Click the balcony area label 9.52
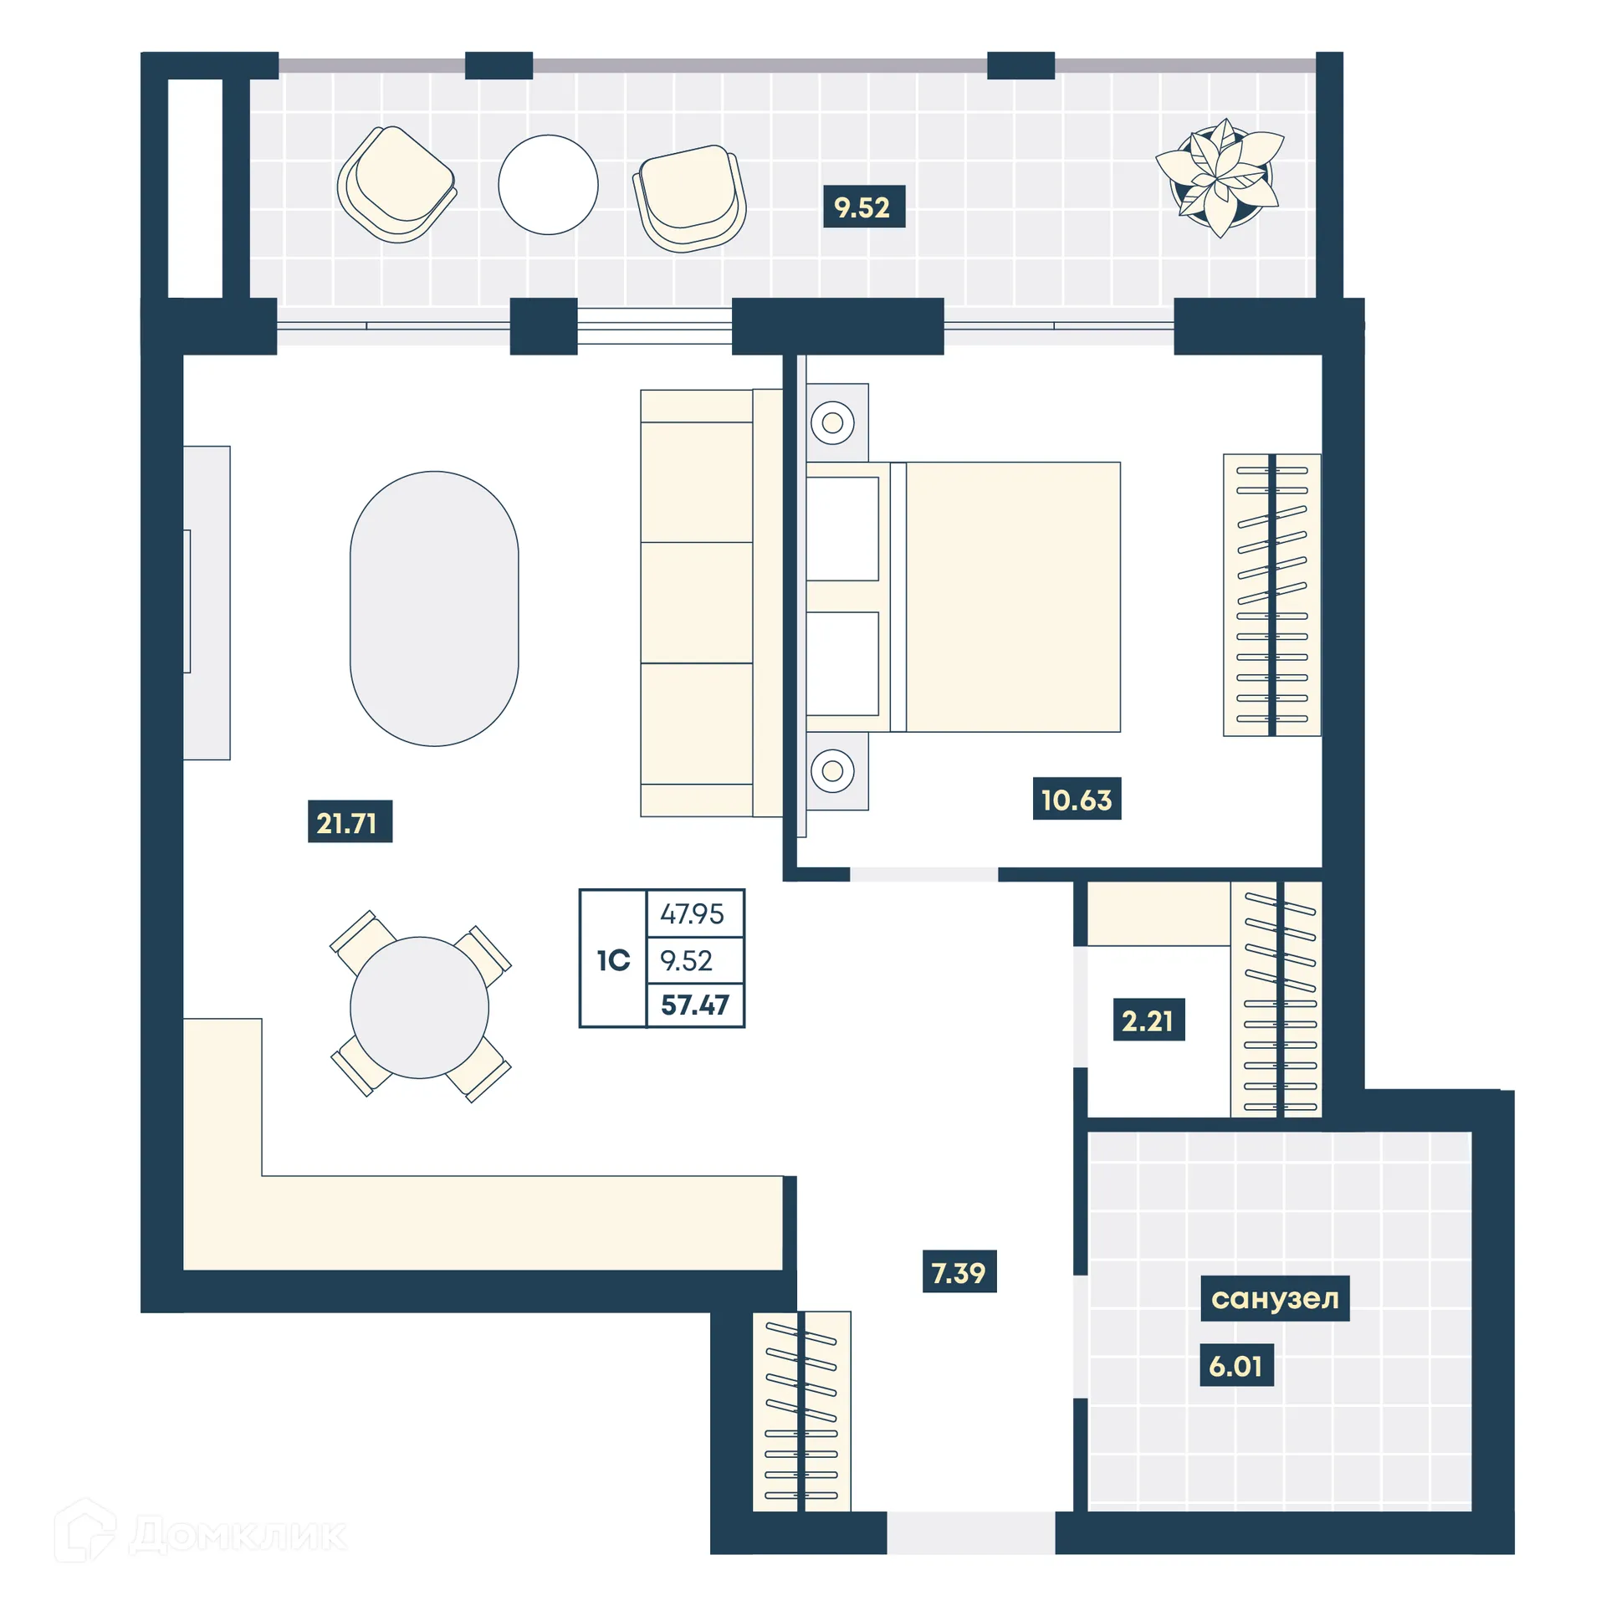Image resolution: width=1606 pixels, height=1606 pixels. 863,207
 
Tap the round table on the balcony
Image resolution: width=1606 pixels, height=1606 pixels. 548,185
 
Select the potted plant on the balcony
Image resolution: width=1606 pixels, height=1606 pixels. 1220,176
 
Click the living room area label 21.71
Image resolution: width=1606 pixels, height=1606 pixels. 349,822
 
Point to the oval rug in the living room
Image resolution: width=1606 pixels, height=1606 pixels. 434,608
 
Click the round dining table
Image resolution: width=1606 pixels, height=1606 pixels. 419,1007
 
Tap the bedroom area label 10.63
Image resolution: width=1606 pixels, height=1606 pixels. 1076,800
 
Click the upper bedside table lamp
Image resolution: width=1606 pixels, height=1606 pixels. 832,422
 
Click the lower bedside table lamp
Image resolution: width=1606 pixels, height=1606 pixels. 832,770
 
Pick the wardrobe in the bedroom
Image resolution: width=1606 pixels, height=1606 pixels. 1271,595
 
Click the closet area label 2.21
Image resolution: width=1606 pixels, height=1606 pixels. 1148,1020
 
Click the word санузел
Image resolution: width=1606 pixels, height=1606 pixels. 1274,1298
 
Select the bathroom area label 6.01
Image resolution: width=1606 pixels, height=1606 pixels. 1235,1366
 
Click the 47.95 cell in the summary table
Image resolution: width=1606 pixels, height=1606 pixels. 693,913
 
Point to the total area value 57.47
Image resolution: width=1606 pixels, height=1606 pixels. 694,1005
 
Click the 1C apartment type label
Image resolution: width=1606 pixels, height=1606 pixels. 613,960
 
